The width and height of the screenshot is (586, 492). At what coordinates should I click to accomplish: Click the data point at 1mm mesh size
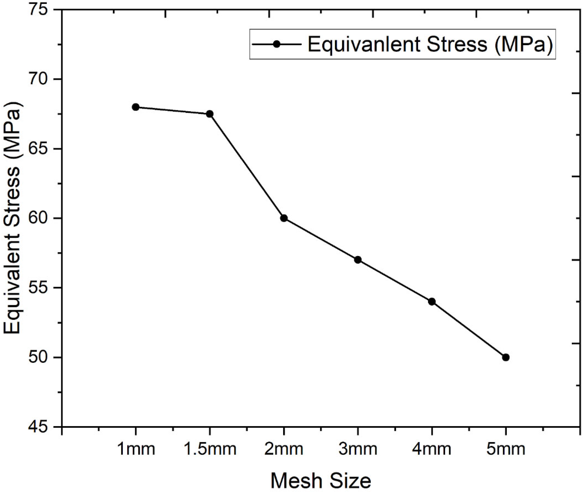coord(136,107)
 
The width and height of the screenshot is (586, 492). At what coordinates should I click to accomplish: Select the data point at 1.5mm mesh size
coord(210,114)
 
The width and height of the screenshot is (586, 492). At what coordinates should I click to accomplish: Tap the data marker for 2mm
coord(284,218)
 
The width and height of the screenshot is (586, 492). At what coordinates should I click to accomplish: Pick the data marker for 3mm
coord(358,260)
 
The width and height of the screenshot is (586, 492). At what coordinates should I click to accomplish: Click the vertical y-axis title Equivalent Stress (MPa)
coord(13,218)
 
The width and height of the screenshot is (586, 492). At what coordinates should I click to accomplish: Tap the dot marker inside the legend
coord(276,44)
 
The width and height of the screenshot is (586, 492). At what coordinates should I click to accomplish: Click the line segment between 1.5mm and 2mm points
coord(247,166)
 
